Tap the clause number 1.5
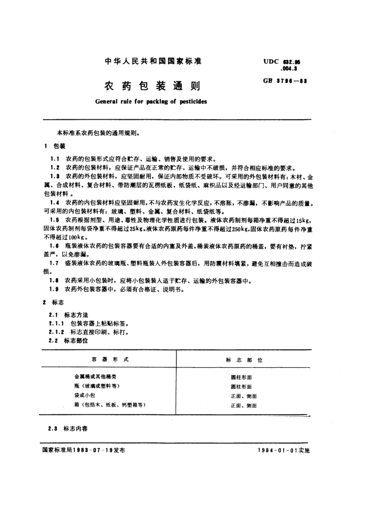pyautogui.click(x=54, y=219)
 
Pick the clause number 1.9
pyautogui.click(x=54, y=289)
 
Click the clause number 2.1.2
pyautogui.click(x=56, y=333)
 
